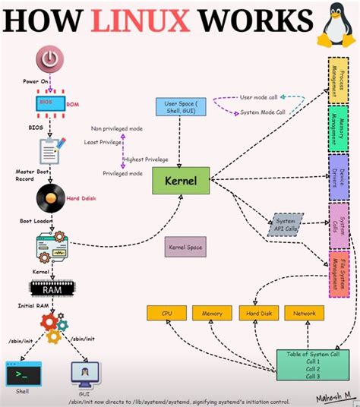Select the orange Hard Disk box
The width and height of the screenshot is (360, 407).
click(255, 312)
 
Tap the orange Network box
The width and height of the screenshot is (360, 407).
click(303, 312)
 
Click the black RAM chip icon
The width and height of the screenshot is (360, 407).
click(50, 288)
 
